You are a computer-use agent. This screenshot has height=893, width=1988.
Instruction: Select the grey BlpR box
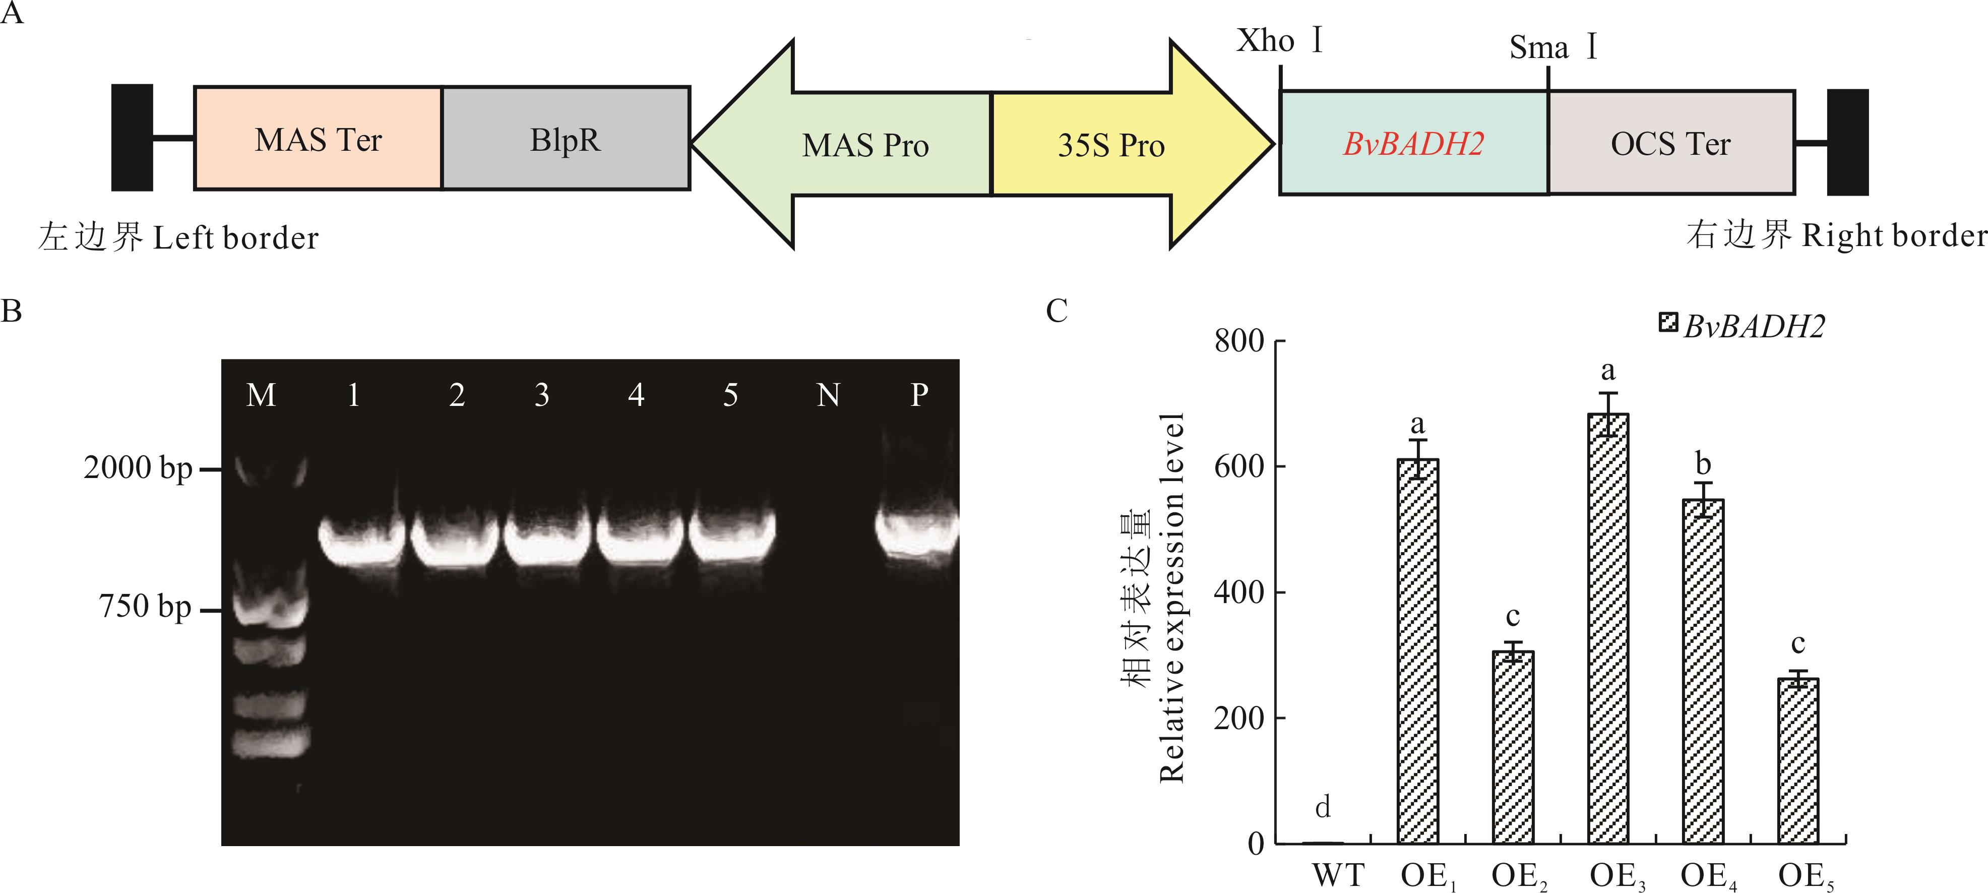pyautogui.click(x=565, y=139)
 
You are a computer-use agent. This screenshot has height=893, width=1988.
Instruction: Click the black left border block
pyautogui.click(x=132, y=137)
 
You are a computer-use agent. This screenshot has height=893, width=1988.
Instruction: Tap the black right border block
pyautogui.click(x=1847, y=142)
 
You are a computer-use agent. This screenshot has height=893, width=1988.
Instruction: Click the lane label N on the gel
pyautogui.click(x=828, y=395)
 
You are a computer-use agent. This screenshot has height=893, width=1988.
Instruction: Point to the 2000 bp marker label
pyautogui.click(x=138, y=468)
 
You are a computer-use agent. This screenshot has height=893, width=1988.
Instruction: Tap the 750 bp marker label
pyautogui.click(x=144, y=607)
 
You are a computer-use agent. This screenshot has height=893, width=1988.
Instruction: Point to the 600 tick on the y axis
pyautogui.click(x=1238, y=466)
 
